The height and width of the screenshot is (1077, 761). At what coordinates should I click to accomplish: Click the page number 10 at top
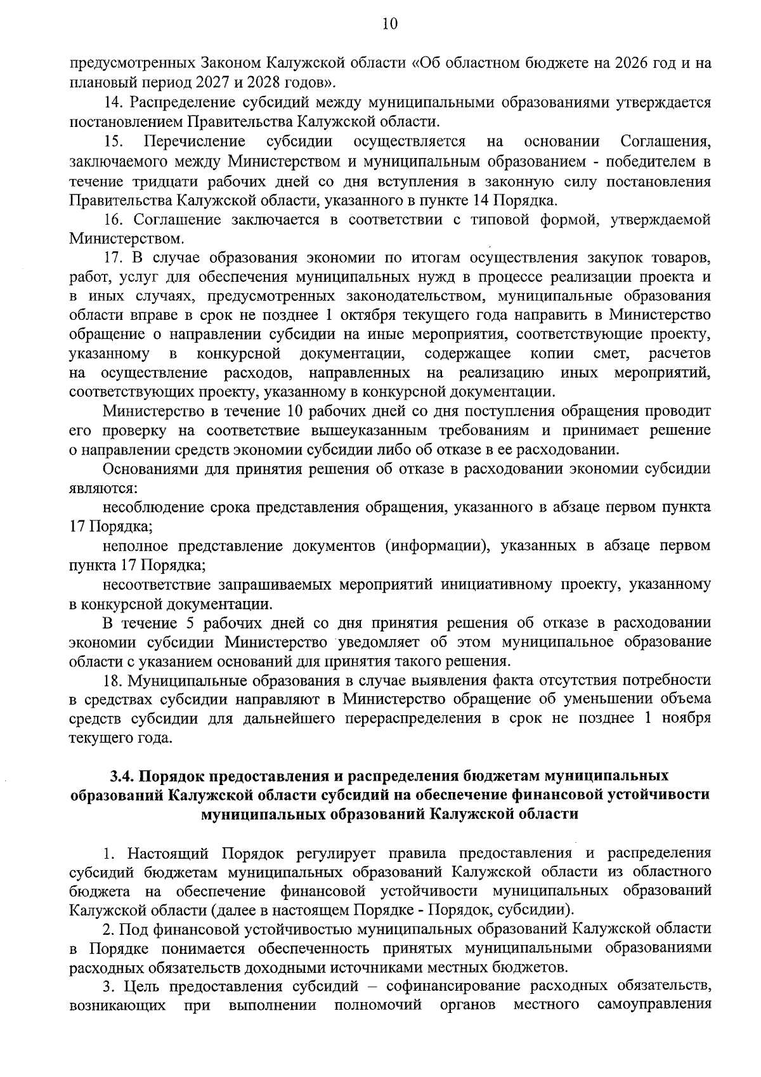coord(389,25)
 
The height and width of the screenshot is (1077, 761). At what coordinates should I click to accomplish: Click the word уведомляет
coord(378,642)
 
